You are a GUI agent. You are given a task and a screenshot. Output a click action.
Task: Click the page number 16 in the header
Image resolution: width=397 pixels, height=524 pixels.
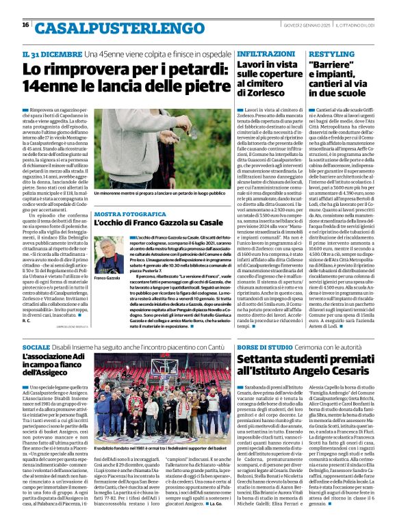25,25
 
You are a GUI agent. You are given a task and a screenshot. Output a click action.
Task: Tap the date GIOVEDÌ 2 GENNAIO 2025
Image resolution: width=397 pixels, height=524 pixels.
313,25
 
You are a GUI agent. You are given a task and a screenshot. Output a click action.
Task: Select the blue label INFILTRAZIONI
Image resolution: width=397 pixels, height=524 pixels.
257,53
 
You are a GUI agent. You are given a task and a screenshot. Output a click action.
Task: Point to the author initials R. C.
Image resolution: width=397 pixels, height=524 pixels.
27,320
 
